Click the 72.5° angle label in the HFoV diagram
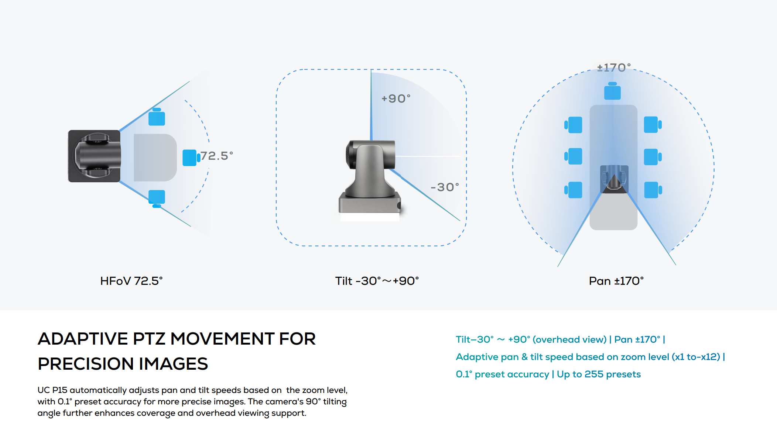pyautogui.click(x=216, y=156)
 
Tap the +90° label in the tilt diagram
pyautogui.click(x=396, y=99)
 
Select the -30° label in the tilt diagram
pyautogui.click(x=445, y=187)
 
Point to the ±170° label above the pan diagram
pyautogui.click(x=614, y=68)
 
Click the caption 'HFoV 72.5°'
pyautogui.click(x=131, y=281)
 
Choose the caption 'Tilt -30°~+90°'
pyautogui.click(x=377, y=281)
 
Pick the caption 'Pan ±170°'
pyautogui.click(x=616, y=281)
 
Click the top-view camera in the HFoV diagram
pyautogui.click(x=95, y=156)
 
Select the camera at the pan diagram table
pyautogui.click(x=614, y=179)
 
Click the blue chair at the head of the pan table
pyautogui.click(x=612, y=91)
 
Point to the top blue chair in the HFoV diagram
pyautogui.click(x=157, y=117)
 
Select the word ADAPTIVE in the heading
pyautogui.click(x=83, y=339)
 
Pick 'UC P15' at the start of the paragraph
pyautogui.click(x=52, y=390)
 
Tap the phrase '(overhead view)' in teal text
pyautogui.click(x=569, y=339)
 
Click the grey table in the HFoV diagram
pyautogui.click(x=155, y=158)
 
